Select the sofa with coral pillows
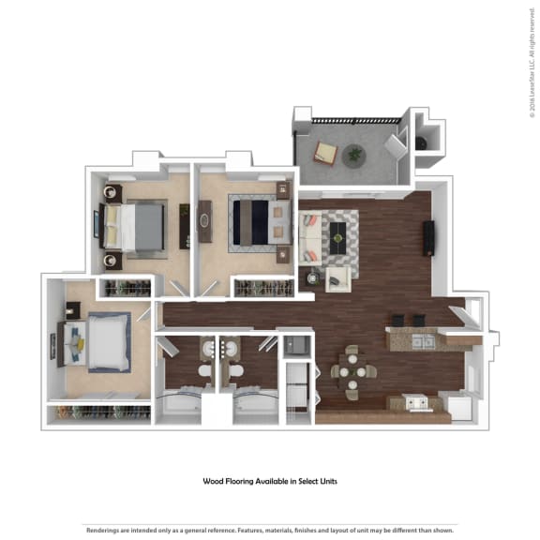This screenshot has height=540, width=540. tap(309, 240)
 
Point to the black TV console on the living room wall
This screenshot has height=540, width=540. tap(429, 238)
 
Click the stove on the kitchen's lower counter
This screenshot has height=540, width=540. tap(418, 404)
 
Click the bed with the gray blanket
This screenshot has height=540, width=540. tap(136, 226)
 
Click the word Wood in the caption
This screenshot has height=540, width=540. tap(216, 482)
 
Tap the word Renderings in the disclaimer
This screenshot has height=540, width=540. tap(104, 528)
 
